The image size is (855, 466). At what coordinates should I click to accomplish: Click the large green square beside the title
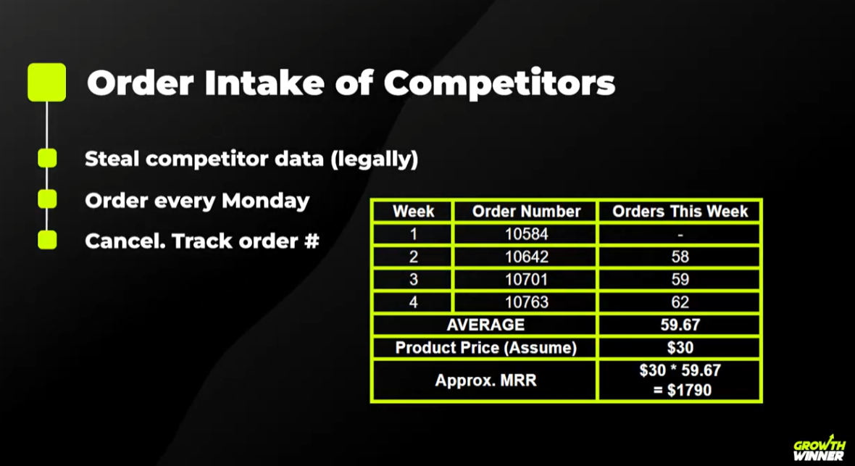point(46,82)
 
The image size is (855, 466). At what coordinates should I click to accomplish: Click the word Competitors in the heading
point(499,83)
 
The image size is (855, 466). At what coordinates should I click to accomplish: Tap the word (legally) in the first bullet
point(374,159)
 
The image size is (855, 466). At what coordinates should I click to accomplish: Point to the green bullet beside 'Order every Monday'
point(47,199)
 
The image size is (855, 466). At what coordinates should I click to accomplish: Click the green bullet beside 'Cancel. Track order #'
point(47,240)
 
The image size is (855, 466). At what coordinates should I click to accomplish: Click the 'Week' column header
point(413,212)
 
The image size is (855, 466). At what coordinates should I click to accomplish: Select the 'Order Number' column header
point(526,212)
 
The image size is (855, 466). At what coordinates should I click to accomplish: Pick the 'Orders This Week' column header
point(680,212)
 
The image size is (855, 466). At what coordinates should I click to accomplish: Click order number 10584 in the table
point(526,234)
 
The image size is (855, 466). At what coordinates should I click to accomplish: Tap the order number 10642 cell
point(526,257)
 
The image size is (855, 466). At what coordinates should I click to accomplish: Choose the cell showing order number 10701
point(526,280)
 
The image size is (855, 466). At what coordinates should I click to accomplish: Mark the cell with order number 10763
point(526,302)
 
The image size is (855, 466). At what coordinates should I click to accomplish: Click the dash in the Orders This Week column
point(680,235)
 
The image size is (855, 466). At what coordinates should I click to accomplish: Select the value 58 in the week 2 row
point(680,257)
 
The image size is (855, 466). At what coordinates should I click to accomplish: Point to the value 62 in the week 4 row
point(680,302)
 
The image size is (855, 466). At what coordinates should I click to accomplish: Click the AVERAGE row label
point(485,325)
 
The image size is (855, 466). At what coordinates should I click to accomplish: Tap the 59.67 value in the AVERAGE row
point(680,325)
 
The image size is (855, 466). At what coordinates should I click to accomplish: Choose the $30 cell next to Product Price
point(680,348)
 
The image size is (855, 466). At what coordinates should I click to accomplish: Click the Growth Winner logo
point(818,450)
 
